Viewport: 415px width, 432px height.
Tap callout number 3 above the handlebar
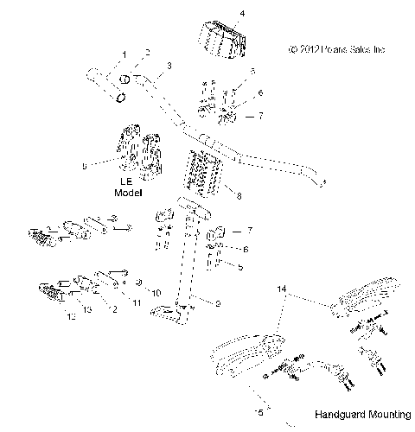coord(168,66)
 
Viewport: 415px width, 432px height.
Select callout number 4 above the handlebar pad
coord(218,15)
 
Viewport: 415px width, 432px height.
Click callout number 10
coord(156,293)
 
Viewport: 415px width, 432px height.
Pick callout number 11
coord(137,303)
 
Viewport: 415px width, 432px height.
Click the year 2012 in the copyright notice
coord(312,49)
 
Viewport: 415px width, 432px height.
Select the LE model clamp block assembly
coord(138,156)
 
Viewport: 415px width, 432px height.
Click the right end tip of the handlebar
coord(322,184)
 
